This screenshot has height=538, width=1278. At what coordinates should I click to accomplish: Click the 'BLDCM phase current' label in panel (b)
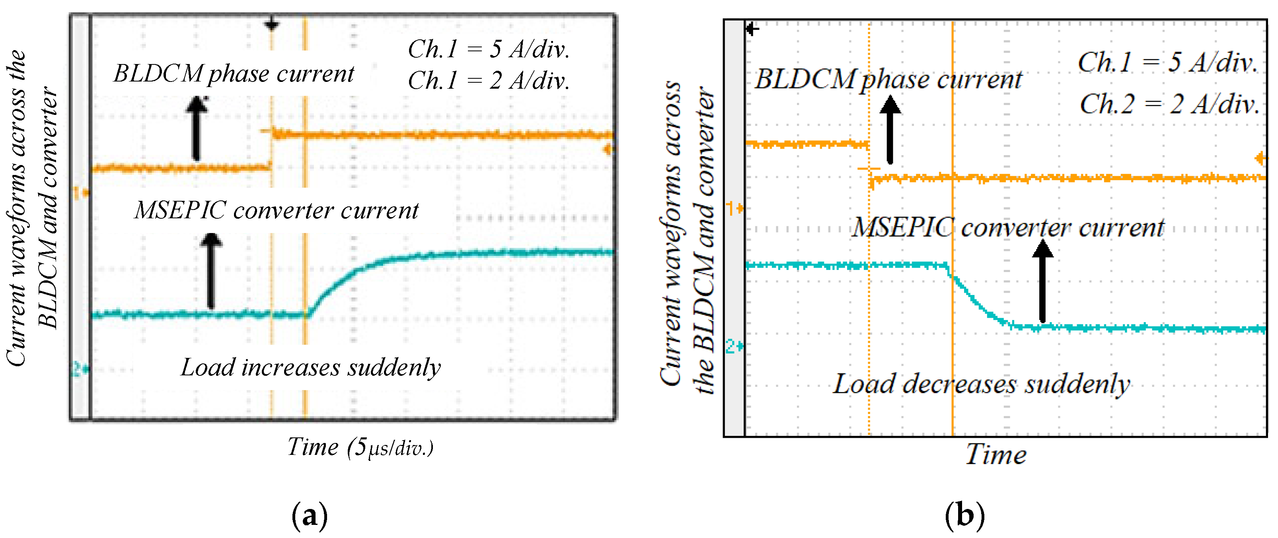pos(888,80)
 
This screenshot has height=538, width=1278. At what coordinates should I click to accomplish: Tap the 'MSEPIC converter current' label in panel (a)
pos(277,211)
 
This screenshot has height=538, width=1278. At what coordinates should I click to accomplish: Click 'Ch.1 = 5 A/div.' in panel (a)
pos(488,49)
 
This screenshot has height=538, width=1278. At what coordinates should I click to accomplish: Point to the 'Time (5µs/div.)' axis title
pos(360,448)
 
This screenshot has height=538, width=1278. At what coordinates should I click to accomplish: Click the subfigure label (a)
pos(310,516)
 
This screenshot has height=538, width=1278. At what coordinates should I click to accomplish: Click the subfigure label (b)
pos(964,516)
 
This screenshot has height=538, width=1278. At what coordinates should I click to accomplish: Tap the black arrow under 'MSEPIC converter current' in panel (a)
pos(211,270)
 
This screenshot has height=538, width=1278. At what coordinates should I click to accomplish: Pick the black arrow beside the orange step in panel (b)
pos(890,129)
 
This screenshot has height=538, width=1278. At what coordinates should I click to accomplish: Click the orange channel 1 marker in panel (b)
pos(734,209)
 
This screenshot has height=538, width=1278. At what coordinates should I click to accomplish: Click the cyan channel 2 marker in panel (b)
pos(734,346)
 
